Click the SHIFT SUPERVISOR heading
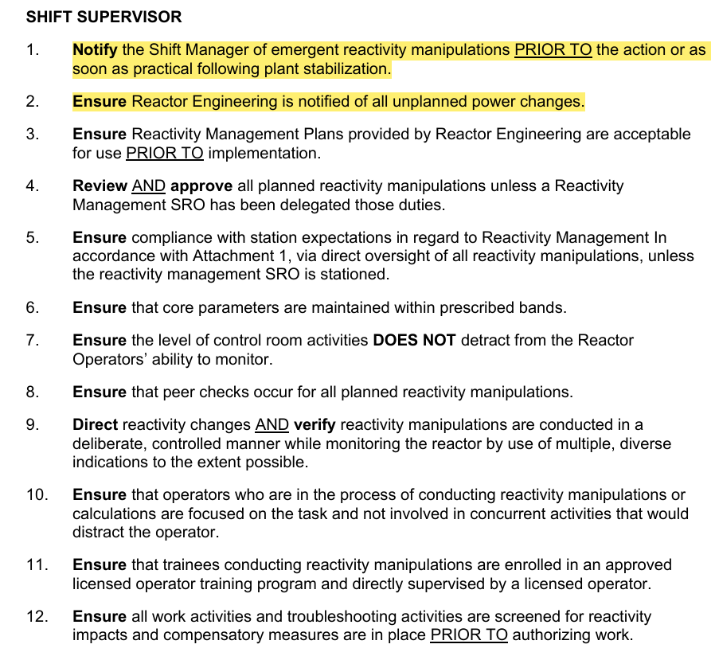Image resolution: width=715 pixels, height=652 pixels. pyautogui.click(x=104, y=16)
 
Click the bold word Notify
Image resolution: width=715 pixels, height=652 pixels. pyautogui.click(x=95, y=50)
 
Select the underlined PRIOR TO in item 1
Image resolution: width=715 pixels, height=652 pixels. pyautogui.click(x=553, y=50)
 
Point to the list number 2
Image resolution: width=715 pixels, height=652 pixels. pyautogui.click(x=32, y=102)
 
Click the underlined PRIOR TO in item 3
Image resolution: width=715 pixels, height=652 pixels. pyautogui.click(x=165, y=154)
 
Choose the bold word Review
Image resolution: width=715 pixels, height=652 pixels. pyautogui.click(x=100, y=186)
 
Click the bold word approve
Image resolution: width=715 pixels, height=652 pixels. pyautogui.click(x=201, y=186)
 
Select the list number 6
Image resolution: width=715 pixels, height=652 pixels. pyautogui.click(x=32, y=308)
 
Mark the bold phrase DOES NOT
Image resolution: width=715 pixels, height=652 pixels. pyautogui.click(x=414, y=341)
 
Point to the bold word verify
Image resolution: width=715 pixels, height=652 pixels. pyautogui.click(x=315, y=425)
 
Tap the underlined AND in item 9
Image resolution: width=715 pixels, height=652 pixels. pyautogui.click(x=272, y=425)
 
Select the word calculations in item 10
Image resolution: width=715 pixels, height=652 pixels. pyautogui.click(x=112, y=514)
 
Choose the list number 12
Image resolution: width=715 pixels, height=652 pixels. pyautogui.click(x=36, y=617)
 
